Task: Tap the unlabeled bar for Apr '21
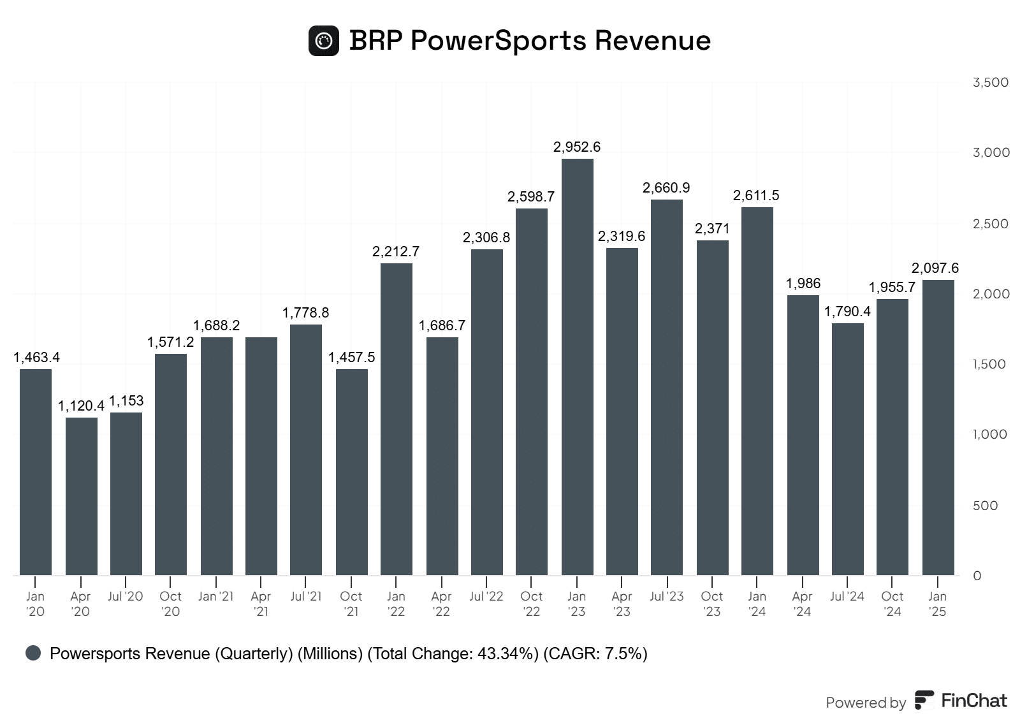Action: (261, 456)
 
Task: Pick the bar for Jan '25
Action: (938, 427)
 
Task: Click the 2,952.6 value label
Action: (577, 147)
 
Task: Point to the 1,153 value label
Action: (126, 400)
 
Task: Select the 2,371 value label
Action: (712, 228)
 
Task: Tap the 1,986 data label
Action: (803, 283)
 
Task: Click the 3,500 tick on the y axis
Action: (991, 82)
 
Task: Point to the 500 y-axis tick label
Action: (985, 506)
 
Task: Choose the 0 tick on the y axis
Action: (977, 576)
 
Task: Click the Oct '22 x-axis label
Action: (531, 604)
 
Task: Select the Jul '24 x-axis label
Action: (847, 596)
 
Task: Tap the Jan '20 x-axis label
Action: (35, 604)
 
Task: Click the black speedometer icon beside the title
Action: (324, 41)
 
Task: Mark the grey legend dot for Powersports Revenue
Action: (33, 653)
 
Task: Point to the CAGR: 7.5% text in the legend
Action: (595, 654)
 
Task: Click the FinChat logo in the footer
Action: (961, 701)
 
